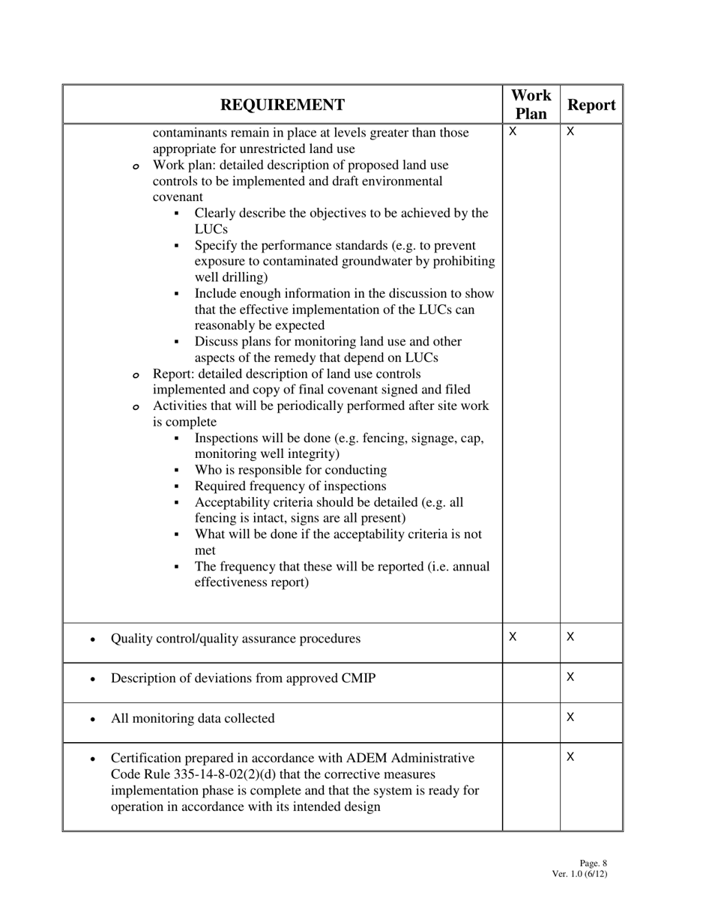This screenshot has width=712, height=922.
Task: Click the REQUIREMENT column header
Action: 283,105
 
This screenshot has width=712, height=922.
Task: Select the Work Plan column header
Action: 531,105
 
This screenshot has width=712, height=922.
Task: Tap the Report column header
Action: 591,105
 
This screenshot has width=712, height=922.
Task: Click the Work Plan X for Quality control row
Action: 513,636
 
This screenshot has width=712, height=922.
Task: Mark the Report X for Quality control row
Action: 570,636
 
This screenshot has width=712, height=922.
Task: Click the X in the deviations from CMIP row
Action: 570,677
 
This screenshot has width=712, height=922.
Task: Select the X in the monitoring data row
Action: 570,717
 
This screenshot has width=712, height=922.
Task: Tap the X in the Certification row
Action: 570,757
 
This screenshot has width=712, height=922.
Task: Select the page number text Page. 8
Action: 594,864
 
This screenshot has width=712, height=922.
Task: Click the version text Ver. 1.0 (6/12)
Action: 579,874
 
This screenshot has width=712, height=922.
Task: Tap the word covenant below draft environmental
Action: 178,197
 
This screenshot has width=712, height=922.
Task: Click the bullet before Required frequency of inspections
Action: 176,486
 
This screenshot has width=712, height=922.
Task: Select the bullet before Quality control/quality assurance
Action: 91,639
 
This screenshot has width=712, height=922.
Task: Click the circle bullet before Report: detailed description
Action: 136,375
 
